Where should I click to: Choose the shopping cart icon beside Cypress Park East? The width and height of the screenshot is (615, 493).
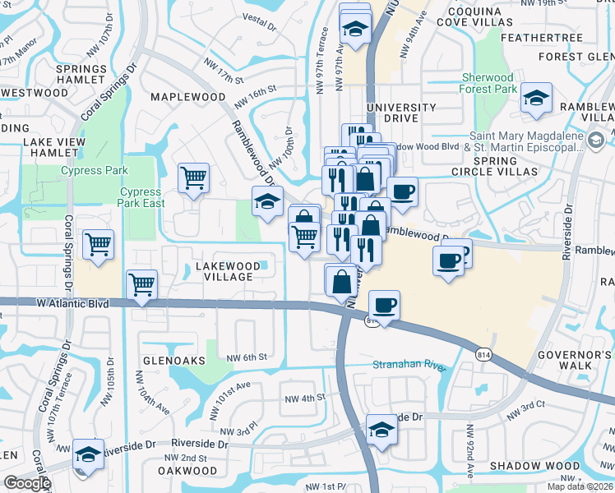(x=194, y=177)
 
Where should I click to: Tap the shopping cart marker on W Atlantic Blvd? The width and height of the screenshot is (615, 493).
(x=142, y=285)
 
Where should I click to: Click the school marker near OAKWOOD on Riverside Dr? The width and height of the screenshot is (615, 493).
(x=87, y=454)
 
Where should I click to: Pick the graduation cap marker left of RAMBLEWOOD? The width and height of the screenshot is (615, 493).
(x=536, y=100)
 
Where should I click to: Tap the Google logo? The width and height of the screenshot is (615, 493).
(x=26, y=483)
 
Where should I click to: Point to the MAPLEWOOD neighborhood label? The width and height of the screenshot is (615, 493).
(x=187, y=97)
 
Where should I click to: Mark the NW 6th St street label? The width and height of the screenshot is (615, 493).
(x=247, y=357)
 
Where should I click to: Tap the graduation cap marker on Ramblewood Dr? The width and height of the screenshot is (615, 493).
(x=267, y=202)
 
